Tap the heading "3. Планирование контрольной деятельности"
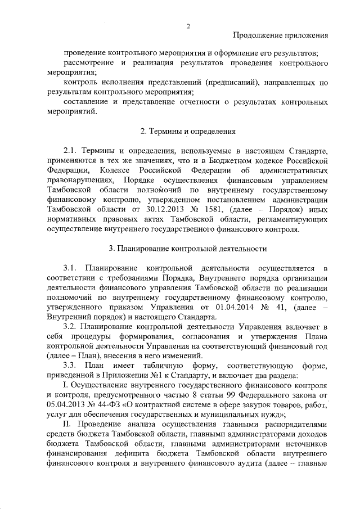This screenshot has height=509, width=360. click(x=188, y=248)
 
